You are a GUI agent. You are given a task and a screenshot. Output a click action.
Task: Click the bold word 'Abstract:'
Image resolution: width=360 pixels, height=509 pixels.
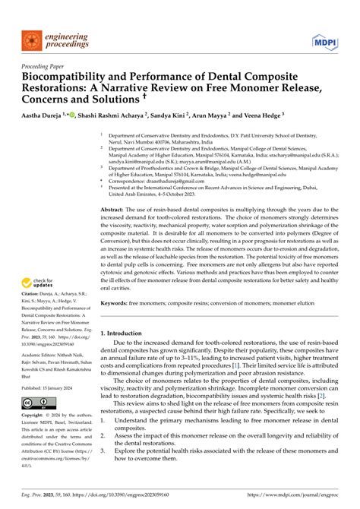point(114,208)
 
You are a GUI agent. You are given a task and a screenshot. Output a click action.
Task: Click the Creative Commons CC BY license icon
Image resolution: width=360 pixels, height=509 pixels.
point(34,402)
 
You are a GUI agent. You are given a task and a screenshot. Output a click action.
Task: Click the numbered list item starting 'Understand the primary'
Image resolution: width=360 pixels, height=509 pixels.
point(220,441)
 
